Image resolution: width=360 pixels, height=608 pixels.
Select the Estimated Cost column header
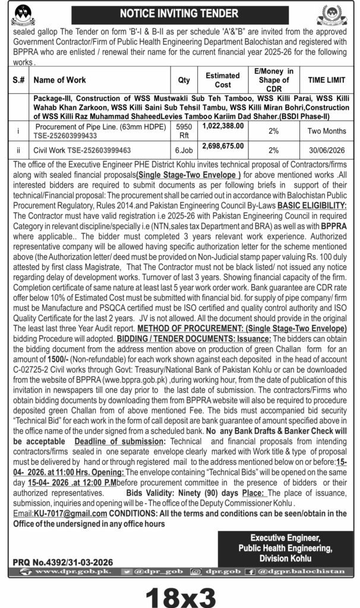coord(223,80)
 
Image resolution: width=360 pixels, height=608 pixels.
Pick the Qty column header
coord(184,80)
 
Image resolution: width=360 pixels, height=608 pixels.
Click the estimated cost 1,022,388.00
coord(223,126)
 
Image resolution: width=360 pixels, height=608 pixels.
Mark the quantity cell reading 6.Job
coord(184,150)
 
